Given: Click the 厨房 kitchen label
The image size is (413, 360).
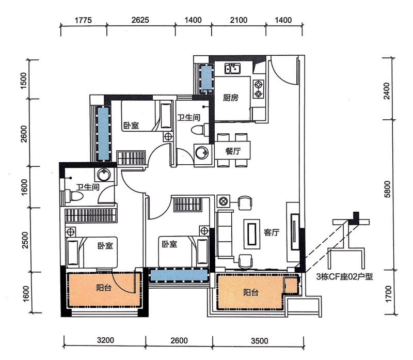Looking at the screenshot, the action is click(231, 98).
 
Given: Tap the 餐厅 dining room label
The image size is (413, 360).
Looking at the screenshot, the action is click(233, 151).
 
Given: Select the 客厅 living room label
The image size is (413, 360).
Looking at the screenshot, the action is click(272, 232).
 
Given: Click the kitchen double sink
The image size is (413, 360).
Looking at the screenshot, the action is click(232, 69).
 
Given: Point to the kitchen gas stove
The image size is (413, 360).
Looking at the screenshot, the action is click(259, 89).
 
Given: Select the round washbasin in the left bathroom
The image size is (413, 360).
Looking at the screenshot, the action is click(104, 174).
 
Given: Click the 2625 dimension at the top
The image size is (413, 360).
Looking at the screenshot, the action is click(140, 20).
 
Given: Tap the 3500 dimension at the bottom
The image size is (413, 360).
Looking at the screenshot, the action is click(260, 341).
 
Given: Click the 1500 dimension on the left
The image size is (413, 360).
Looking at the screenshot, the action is click(24, 81).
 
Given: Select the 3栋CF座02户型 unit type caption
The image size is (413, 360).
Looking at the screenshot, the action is click(344, 277).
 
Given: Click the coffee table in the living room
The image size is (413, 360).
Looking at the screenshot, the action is click(252, 234).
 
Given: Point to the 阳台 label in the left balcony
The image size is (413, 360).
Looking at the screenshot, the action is click(104, 288).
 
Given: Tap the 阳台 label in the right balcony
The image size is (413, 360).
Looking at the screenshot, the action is click(251, 292).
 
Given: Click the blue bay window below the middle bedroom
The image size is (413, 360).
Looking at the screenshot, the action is click(179, 275).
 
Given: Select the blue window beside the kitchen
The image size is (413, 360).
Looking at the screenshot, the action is click(206, 79).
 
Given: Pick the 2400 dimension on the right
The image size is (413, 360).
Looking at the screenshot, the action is click(387, 91).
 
